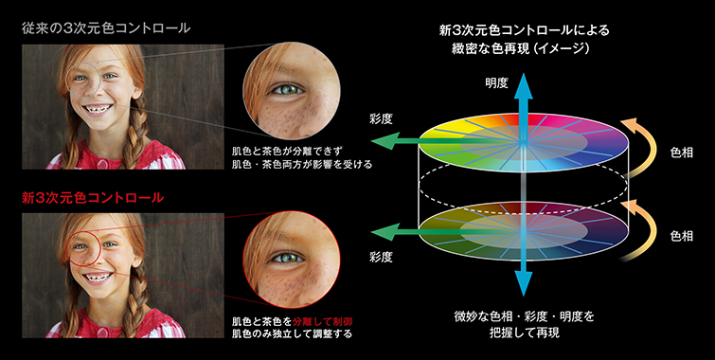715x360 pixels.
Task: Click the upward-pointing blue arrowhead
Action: (x=522, y=101)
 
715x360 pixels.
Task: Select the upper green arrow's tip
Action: (x=378, y=142)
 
